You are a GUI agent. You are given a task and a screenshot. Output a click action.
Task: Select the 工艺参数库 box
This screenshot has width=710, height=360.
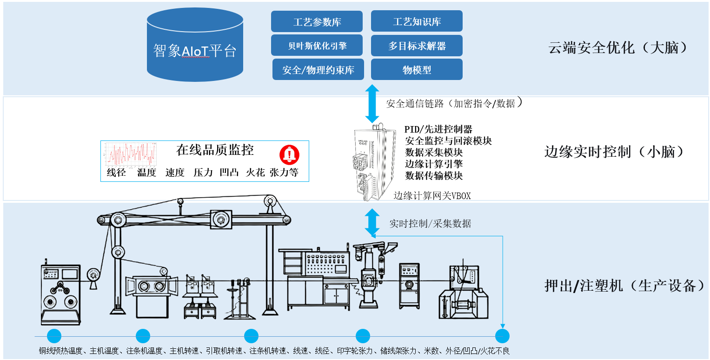click(317, 22)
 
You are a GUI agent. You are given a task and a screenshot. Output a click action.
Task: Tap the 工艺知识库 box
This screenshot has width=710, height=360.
click(417, 21)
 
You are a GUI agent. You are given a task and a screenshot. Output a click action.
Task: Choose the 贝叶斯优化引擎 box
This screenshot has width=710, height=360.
click(317, 46)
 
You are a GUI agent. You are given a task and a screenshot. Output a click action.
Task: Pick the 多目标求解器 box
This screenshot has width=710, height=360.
click(417, 46)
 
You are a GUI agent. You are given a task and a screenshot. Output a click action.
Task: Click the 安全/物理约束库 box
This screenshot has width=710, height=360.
click(318, 69)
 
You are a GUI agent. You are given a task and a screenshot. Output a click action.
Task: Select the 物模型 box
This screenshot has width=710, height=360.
click(417, 69)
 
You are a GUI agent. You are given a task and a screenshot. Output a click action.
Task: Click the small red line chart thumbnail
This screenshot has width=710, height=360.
click(129, 154)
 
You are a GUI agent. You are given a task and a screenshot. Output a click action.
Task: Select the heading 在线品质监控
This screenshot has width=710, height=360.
click(215, 150)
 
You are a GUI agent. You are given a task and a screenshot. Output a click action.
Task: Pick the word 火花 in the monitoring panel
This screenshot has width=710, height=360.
click(255, 173)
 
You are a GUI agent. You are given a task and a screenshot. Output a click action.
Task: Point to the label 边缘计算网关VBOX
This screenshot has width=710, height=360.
click(432, 196)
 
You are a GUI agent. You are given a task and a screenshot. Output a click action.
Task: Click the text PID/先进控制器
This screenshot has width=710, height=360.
click(438, 129)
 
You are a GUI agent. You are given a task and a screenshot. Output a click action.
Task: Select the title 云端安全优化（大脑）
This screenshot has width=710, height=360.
click(617, 47)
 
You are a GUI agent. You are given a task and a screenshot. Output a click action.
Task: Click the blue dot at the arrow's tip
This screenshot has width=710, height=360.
click(502, 336)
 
